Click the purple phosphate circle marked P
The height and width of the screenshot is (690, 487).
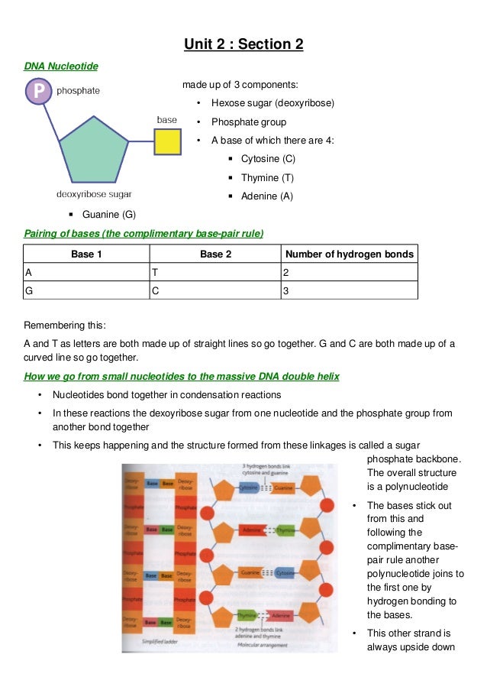pos(40,92)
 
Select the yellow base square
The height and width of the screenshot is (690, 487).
pos(168,141)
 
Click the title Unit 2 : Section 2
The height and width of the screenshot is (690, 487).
pos(243,44)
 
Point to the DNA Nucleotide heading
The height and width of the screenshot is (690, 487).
pos(61,66)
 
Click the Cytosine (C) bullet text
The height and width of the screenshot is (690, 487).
pos(268,159)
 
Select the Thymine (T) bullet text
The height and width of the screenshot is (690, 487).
pos(267,178)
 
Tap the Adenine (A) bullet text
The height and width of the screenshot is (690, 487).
pos(266,196)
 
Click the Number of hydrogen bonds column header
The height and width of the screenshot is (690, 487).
pos(349,254)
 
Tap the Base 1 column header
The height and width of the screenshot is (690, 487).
pos(86,254)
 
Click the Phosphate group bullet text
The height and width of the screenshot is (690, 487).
pos(249,122)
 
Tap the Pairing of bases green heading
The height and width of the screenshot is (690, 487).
pos(144,232)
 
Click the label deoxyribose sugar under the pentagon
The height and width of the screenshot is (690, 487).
pos(94,194)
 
